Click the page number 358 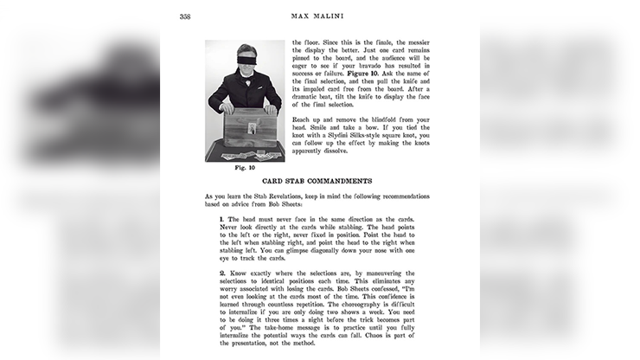point(184,16)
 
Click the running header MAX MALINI point(318,16)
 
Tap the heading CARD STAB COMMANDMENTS point(317,181)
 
